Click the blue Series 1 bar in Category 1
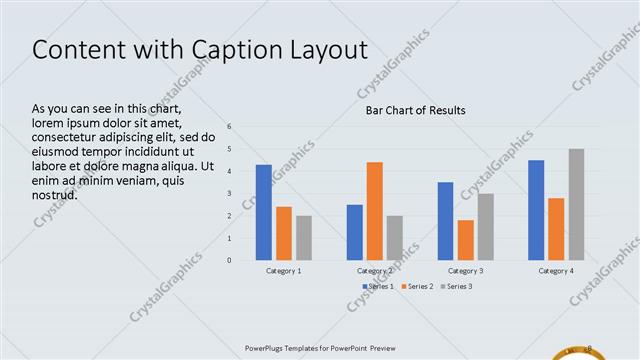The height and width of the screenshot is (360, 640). [x=264, y=212]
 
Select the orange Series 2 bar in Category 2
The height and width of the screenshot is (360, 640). [x=374, y=211]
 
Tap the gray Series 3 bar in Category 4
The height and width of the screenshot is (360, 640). [x=576, y=204]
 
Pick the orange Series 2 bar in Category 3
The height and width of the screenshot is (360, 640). [x=465, y=240]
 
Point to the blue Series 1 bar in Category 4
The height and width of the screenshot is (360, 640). [x=536, y=210]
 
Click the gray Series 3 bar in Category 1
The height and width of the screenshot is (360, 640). [x=304, y=238]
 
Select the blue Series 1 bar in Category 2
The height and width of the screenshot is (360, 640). [x=354, y=232]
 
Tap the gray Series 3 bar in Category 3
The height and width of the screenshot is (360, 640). [x=485, y=227]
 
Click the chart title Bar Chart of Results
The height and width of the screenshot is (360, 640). [x=415, y=110]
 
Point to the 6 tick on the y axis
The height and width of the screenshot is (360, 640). [x=230, y=127]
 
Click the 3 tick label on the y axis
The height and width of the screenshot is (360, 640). [x=230, y=194]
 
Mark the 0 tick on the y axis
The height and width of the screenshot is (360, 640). [x=230, y=261]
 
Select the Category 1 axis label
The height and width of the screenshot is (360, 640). [x=284, y=271]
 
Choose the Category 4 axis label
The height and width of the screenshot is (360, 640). [x=556, y=271]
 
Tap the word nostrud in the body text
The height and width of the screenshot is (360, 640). [x=56, y=194]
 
